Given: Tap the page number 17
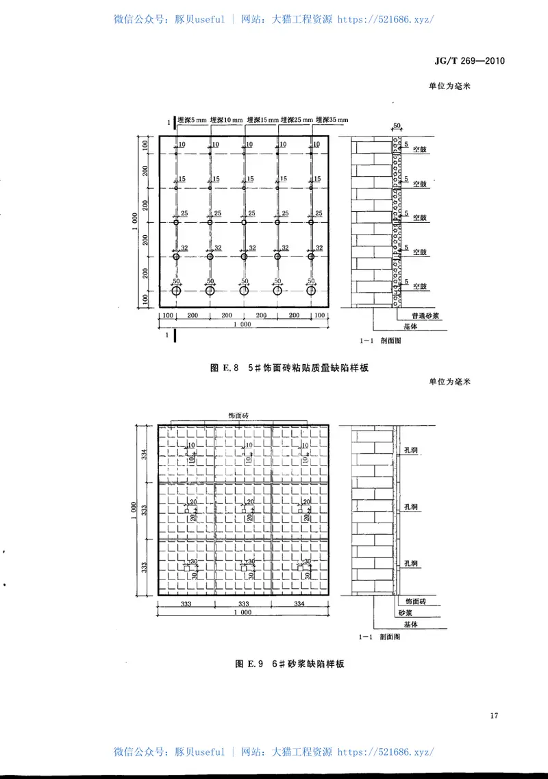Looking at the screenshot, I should click(495, 717).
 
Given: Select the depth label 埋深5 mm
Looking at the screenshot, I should click(192, 120).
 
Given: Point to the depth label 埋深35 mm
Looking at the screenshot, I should click(330, 120).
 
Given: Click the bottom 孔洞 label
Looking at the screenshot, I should click(412, 563).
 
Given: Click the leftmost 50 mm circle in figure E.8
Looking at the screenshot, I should click(176, 291).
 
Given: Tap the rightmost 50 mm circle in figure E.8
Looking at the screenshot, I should click(312, 291).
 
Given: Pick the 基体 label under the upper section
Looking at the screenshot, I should click(410, 327).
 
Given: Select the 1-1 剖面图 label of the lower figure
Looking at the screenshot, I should click(379, 637).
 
